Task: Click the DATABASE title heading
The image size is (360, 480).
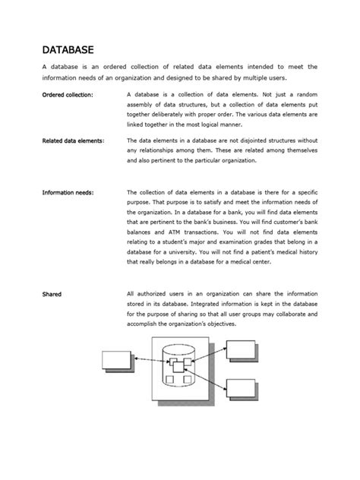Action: pos(68,49)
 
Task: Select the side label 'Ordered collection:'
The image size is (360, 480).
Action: pos(68,94)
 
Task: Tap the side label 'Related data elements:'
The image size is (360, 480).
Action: pos(74,141)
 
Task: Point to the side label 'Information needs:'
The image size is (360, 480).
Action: pos(68,193)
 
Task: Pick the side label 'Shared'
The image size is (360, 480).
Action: pos(52,293)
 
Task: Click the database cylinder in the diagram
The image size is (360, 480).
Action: pos(180,369)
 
